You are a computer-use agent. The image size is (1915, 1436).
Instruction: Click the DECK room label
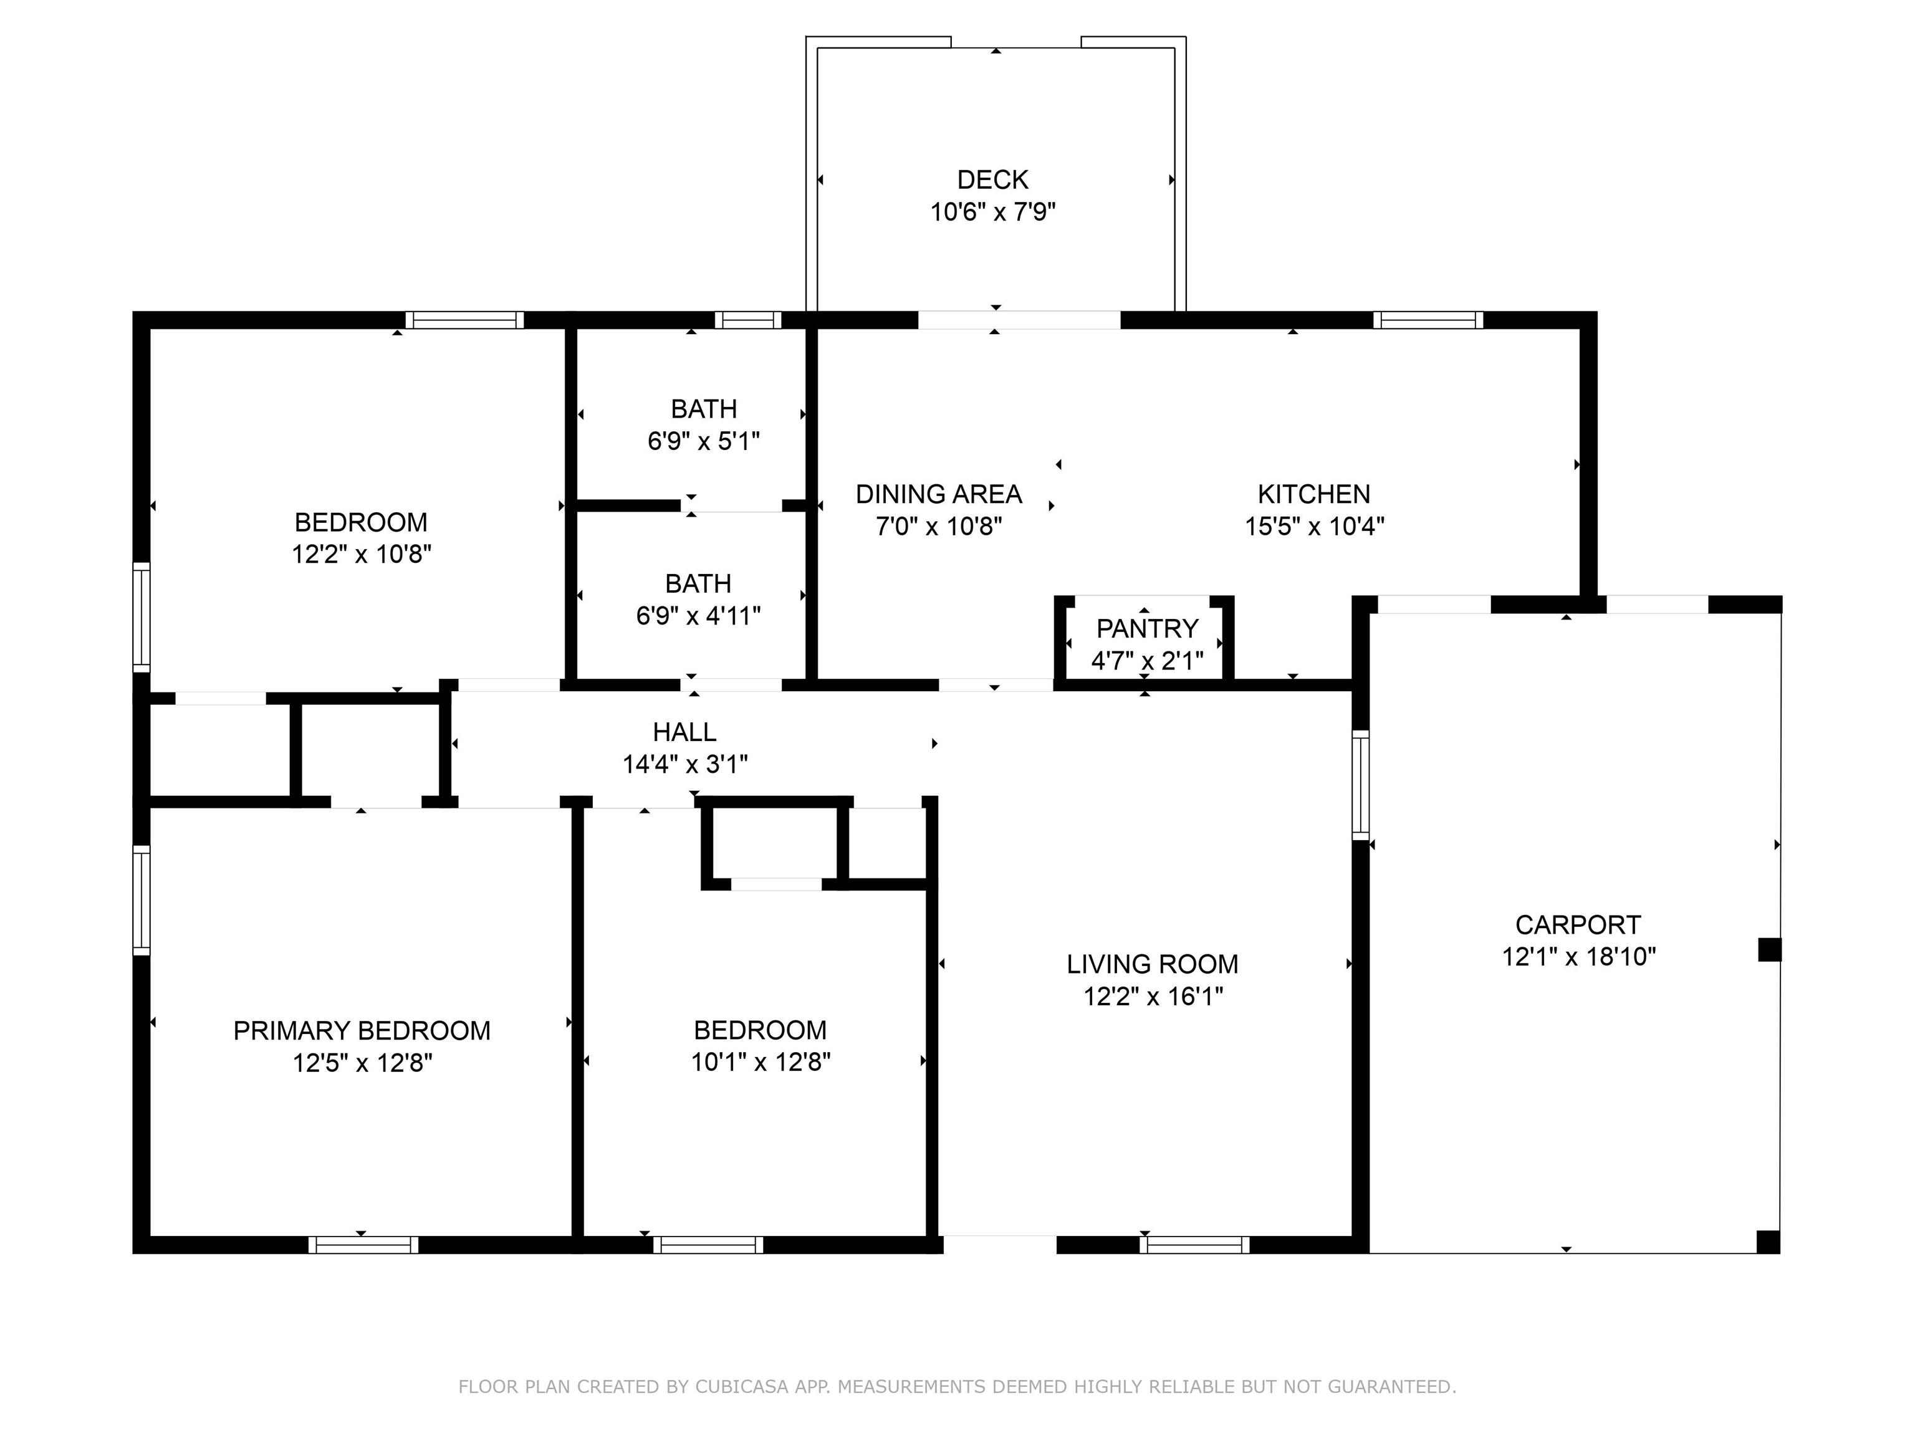(x=992, y=180)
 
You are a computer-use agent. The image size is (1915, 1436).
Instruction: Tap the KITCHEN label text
(x=1313, y=494)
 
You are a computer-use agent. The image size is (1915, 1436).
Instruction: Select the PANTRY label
(x=1147, y=628)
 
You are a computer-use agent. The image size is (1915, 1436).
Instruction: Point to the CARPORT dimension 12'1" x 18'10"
(x=1578, y=957)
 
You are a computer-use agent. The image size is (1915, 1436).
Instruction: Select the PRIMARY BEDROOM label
(x=362, y=1031)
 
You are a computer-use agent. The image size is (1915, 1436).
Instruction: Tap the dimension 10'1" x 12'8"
(x=760, y=1062)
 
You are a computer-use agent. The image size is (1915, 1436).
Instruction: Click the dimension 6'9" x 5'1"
(x=703, y=441)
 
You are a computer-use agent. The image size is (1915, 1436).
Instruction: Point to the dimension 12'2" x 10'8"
(x=361, y=554)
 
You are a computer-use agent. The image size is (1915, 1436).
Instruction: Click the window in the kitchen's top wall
(x=1428, y=320)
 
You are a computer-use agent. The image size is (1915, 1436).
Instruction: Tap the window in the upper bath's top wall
(x=748, y=320)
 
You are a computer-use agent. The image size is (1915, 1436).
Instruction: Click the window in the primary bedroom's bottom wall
(x=363, y=1245)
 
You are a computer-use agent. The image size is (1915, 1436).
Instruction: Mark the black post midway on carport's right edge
(x=1769, y=950)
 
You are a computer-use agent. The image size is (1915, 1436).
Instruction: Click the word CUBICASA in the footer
(x=742, y=1387)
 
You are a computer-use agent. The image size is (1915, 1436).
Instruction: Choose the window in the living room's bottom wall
(x=1195, y=1245)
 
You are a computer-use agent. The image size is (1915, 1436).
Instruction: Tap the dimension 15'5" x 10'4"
(x=1314, y=526)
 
